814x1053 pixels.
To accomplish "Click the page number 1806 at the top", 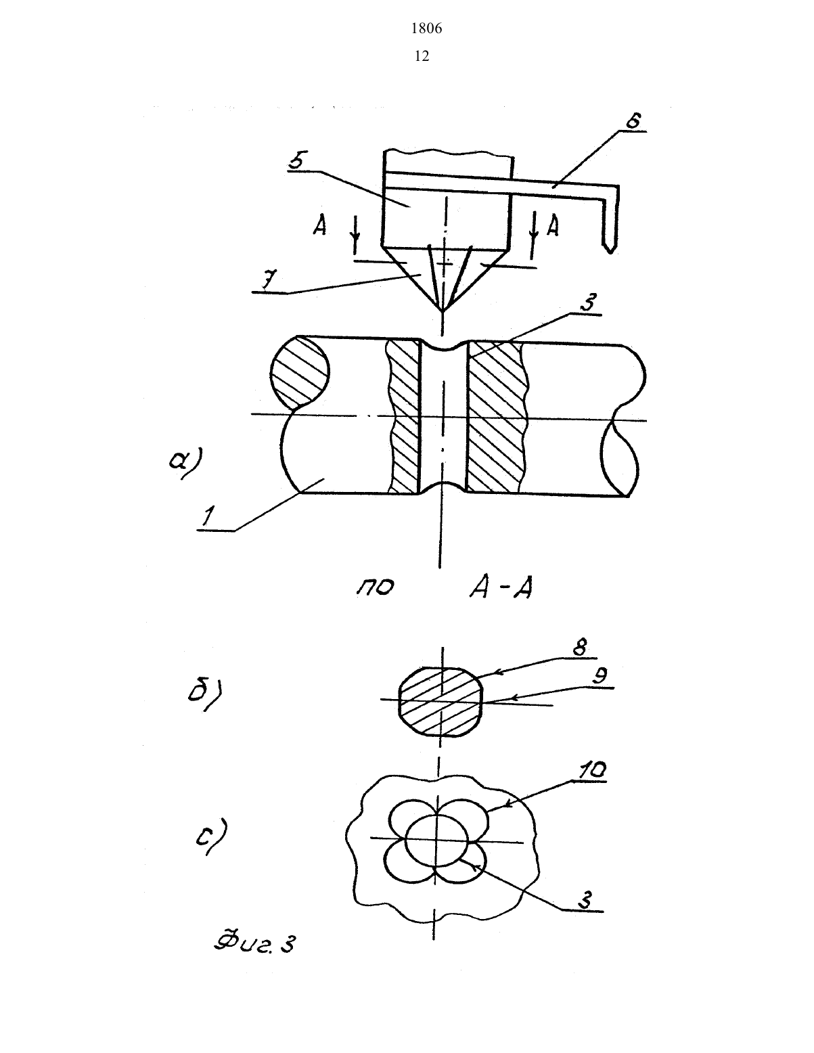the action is pos(426,28).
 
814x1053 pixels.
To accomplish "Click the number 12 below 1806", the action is pos(422,56).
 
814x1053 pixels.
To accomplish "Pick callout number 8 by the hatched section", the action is pos(579,648).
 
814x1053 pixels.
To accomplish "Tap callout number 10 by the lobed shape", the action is pos(591,769).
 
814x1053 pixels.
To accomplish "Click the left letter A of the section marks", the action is pos(319,225).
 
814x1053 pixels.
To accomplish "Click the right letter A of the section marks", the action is pos(553,226).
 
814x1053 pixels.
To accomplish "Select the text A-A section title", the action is pos(501,589).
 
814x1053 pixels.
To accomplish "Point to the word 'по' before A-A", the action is pos(375,587).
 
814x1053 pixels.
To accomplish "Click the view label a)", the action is pos(187,462).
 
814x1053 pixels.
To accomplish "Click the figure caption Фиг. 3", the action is pos(254,943).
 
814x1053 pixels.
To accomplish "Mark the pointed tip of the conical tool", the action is pos(441,311).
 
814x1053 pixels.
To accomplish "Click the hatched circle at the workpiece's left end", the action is pos(300,373).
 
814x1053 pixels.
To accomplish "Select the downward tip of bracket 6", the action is pos(611,252).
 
